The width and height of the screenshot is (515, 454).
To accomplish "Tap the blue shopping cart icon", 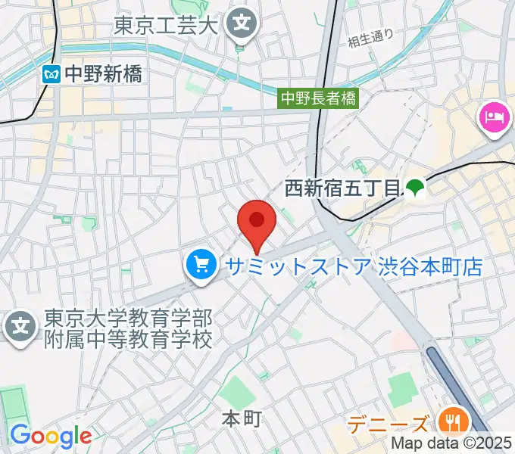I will click(x=201, y=266).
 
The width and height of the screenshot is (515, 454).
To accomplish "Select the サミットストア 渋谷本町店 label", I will click(x=351, y=266).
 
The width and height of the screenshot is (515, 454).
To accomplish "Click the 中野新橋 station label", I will click(x=103, y=74).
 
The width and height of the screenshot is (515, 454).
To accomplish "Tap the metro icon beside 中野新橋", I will click(x=51, y=74).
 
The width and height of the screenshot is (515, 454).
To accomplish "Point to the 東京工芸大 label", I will click(x=166, y=26).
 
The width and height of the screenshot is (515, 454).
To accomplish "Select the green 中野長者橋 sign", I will click(x=318, y=98).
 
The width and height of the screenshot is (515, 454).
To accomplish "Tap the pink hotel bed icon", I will click(x=493, y=117).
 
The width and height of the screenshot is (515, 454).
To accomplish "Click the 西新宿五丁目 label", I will click(x=342, y=188).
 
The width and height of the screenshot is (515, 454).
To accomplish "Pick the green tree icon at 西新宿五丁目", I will click(x=414, y=188).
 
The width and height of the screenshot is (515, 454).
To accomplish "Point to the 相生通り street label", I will click(x=371, y=38).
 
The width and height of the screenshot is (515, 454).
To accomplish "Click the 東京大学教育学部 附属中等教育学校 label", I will click(x=127, y=328).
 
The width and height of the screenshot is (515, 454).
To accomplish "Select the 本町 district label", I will click(x=242, y=417).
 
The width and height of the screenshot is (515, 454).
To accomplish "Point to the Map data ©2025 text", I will click(x=452, y=445).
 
